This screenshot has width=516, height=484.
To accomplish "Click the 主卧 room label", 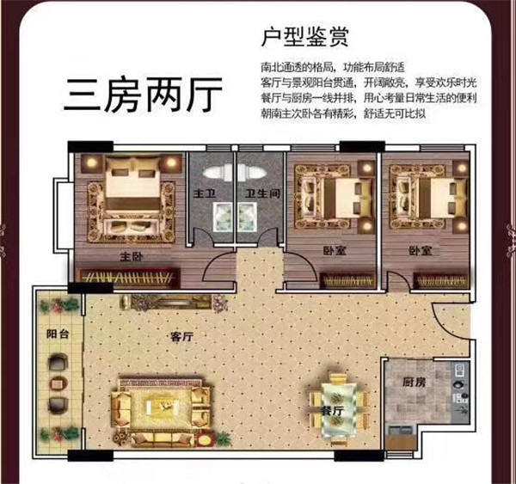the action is coord(132,257).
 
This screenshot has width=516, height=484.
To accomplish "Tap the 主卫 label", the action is coord(204,193).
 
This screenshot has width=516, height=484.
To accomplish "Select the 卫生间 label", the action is coord(262,193).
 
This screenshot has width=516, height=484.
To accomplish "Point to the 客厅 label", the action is coord(181,337).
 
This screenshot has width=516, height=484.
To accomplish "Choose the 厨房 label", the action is coord(414,382).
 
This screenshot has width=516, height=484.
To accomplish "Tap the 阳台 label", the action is coord(58,334).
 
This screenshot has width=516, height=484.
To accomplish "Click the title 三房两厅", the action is coord(143,95).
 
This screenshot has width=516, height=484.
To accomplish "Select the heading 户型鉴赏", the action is coord(304,38).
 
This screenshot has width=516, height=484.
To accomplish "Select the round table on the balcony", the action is coord(58,383).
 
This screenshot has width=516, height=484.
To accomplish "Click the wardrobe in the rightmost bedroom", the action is coord(441,281).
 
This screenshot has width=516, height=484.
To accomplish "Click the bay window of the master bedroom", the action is coord(62,215).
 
